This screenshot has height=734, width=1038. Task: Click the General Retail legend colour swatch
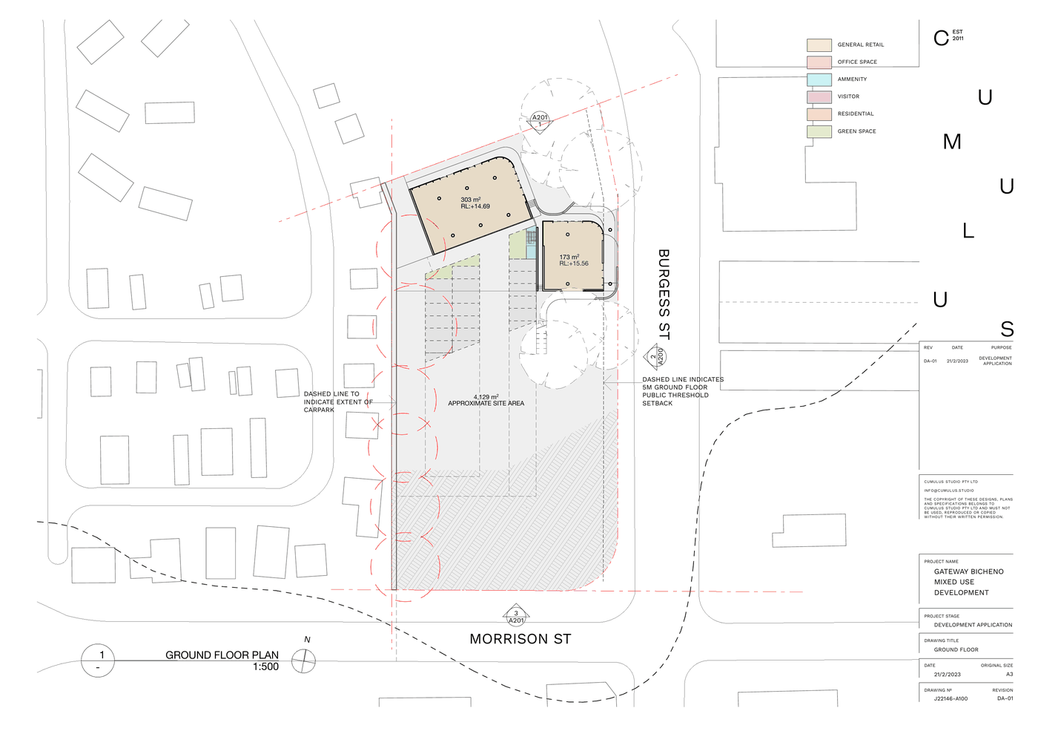point(819,45)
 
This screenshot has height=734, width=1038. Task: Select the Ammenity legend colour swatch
point(819,79)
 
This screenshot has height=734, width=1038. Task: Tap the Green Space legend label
point(856,131)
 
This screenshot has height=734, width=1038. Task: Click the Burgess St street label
point(664,295)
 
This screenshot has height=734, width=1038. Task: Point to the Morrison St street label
point(520,639)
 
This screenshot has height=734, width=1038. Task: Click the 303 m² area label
point(471,200)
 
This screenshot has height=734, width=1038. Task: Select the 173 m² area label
point(569,257)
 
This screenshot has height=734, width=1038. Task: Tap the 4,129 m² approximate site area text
point(486,400)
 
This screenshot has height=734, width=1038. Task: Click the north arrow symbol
point(303,661)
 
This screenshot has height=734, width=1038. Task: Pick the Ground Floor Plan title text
point(222,655)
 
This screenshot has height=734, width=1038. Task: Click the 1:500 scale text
point(265,667)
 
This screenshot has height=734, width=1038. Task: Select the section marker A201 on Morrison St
point(516,616)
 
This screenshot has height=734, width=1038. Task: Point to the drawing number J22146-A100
point(951,698)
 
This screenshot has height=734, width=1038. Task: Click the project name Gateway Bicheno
point(968,571)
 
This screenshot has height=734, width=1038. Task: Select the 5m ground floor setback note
point(682,391)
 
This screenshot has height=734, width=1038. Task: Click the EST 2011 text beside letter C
point(958,35)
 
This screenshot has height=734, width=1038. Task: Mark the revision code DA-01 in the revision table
point(930,361)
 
